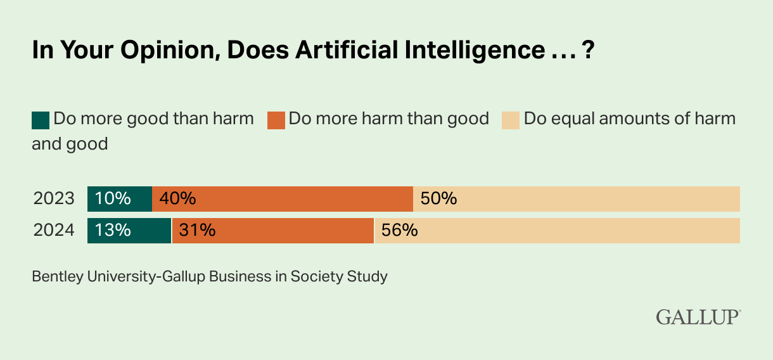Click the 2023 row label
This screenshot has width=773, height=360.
click(54, 198)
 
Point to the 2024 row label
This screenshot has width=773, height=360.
click(54, 230)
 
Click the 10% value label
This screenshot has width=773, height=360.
click(113, 198)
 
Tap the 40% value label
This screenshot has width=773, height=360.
click(177, 198)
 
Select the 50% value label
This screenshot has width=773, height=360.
click(438, 198)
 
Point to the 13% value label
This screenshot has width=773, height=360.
click(113, 230)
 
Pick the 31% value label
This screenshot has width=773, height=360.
click(197, 230)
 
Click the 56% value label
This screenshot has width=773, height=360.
click(400, 230)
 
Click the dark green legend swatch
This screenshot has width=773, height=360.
click(41, 120)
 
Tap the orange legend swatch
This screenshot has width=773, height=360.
click(276, 120)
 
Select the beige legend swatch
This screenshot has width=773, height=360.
click(511, 120)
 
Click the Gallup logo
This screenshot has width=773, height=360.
click(698, 316)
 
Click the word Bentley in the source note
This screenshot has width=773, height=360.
click(55, 276)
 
